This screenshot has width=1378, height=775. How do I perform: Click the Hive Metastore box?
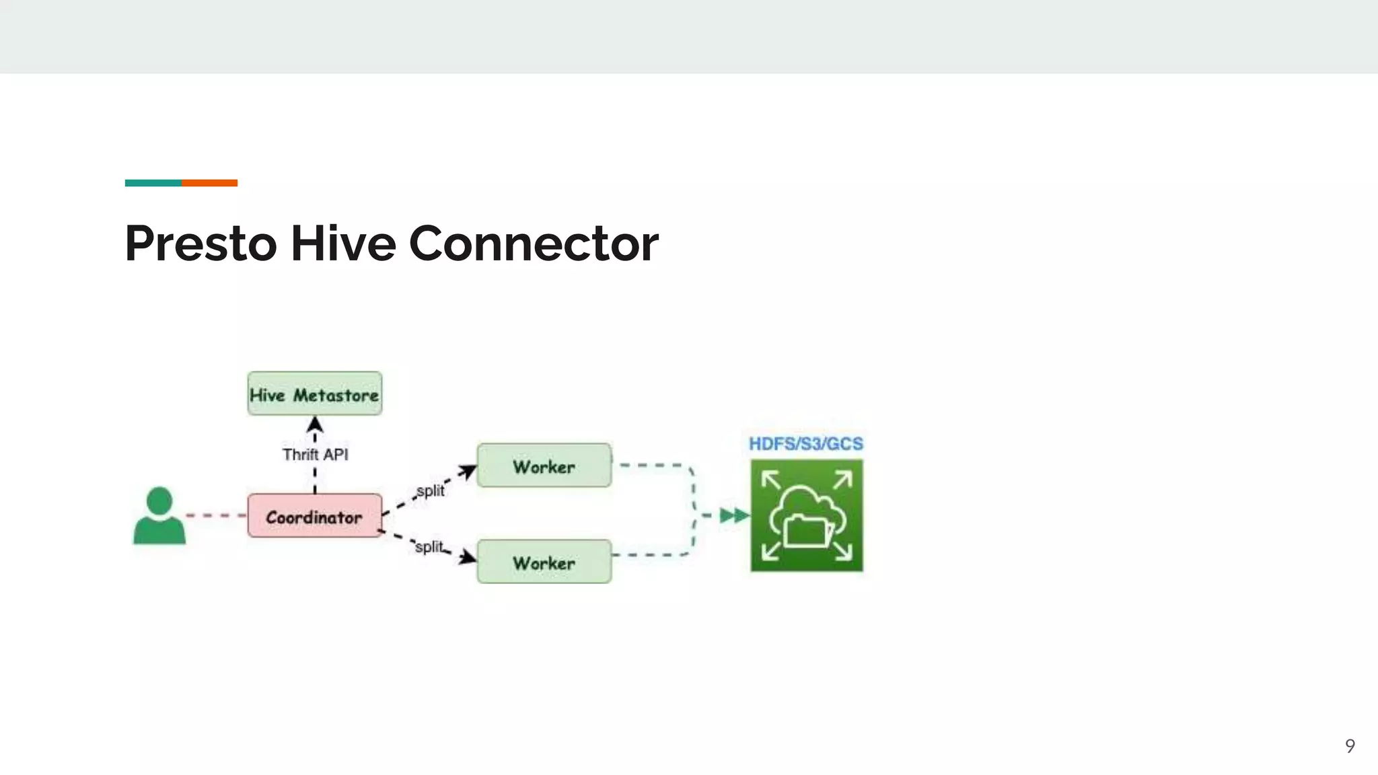point(314,394)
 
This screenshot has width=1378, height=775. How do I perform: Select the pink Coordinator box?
point(314,516)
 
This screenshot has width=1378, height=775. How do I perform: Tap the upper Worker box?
point(544,466)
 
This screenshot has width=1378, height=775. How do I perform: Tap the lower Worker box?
point(544,562)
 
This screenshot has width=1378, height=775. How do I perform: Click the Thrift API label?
point(315,455)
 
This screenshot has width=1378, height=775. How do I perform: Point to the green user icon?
point(159,516)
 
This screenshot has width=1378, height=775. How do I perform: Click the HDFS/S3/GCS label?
point(805,444)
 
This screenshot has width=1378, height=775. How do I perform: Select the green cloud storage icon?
point(806,516)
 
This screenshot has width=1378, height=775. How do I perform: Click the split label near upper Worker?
point(431,490)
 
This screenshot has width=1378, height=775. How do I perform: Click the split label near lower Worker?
point(429,546)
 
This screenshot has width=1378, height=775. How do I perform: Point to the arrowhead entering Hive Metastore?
point(315,425)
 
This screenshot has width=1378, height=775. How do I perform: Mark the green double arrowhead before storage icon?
point(734,516)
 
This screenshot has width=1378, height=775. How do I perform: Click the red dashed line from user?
point(215,516)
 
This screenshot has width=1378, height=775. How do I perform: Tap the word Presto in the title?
point(201,244)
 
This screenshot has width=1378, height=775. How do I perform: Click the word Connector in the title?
point(534,244)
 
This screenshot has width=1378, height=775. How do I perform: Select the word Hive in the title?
point(343,244)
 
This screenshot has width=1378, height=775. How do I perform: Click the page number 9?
point(1350,745)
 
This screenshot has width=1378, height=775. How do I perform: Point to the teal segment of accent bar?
point(153,183)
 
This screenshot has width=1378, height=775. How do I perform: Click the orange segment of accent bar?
point(209,183)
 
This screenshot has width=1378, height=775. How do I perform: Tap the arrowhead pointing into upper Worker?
point(468,472)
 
